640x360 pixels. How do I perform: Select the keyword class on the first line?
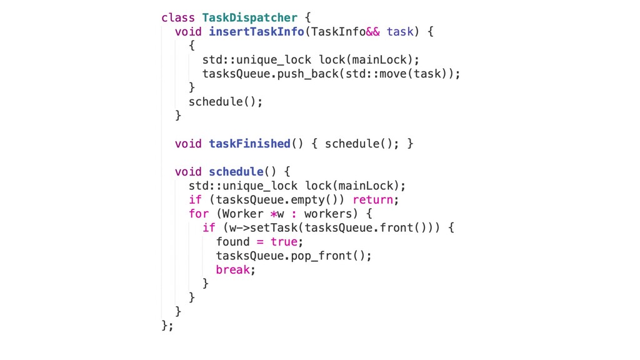pos(178,17)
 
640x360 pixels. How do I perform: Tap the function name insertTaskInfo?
pos(256,32)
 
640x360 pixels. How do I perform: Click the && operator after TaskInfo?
pos(372,32)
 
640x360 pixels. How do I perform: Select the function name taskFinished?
pos(249,144)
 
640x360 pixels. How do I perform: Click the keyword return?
pos(372,200)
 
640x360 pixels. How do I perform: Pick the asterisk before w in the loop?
pos(273,214)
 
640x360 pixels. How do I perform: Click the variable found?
pos(232,242)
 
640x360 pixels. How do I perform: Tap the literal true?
pos(284,242)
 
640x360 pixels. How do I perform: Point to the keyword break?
pos(232,270)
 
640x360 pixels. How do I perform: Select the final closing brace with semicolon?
pos(167,326)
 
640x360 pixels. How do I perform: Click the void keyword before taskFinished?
pos(188,144)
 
